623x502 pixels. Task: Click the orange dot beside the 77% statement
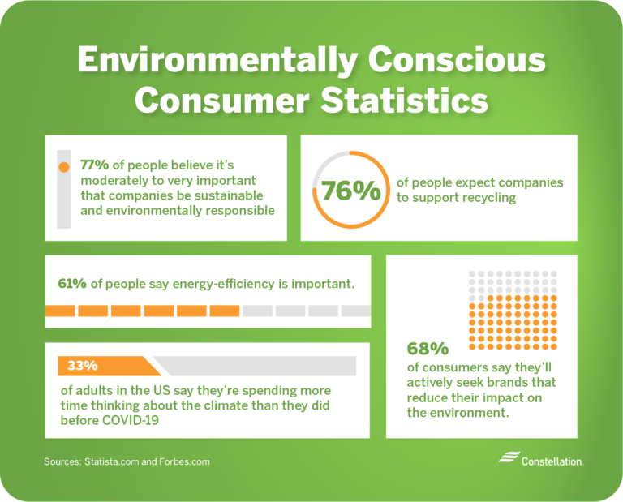click(x=64, y=168)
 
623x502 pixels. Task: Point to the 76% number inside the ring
click(x=350, y=191)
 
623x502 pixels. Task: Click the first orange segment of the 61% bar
click(x=60, y=311)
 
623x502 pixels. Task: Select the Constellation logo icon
click(x=509, y=458)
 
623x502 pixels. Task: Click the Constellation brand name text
click(x=552, y=461)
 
